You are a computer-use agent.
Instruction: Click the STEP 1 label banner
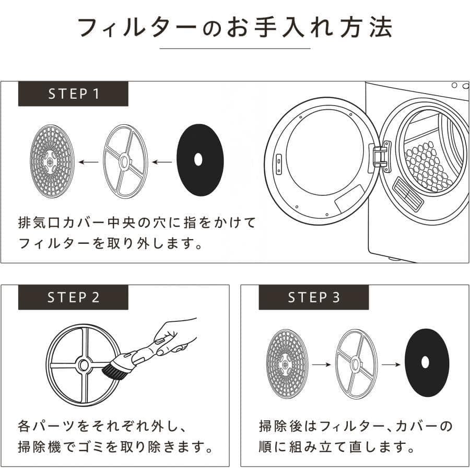coord(73,94)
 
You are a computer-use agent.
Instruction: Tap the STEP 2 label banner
coord(73,297)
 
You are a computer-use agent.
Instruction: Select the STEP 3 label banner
coord(314,297)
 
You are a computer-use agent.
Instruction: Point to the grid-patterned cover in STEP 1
coord(52,160)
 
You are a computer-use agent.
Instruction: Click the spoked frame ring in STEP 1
coord(125,161)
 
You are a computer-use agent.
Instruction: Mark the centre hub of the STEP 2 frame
coord(83,365)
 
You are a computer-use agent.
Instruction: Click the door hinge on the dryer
coord(380,156)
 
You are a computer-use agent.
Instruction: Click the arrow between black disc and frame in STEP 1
coord(162,161)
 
